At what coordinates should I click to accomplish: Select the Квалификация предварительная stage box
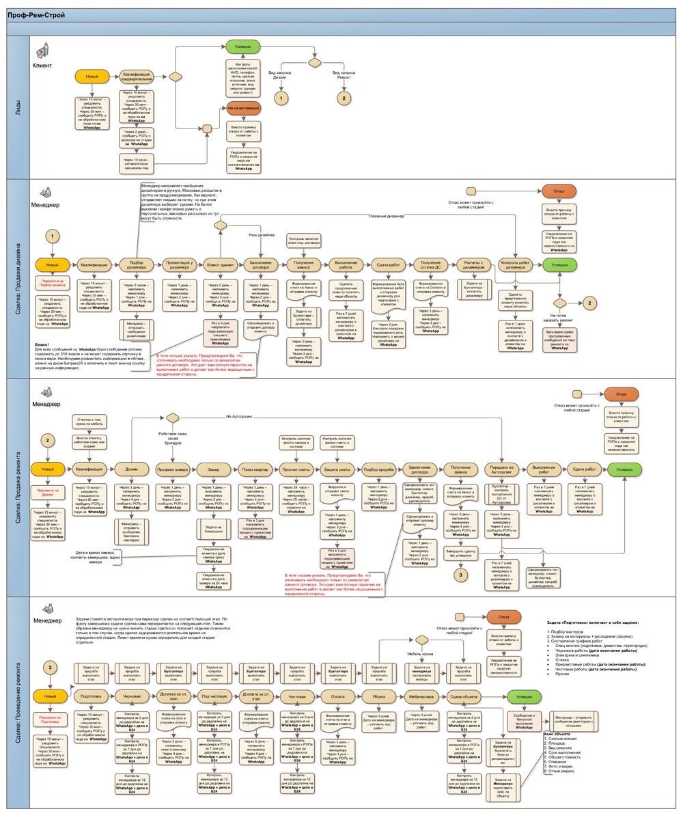[x=137, y=77]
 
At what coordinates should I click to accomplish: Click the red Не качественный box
[x=243, y=109]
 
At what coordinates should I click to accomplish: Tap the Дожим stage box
[x=133, y=469]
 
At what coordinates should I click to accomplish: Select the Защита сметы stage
[x=337, y=469]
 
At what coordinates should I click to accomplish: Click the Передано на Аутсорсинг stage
[x=502, y=469]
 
